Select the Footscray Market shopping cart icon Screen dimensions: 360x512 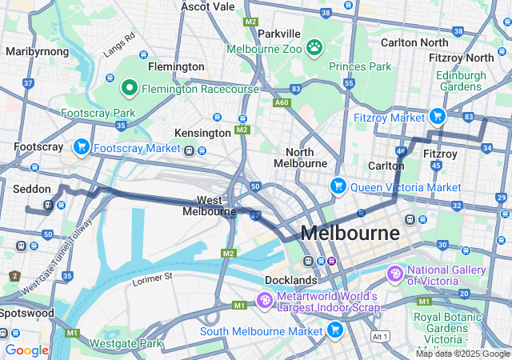point(81,147)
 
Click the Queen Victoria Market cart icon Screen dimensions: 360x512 point(338,186)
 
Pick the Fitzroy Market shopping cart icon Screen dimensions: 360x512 point(438,117)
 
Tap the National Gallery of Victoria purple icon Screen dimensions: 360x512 point(394,274)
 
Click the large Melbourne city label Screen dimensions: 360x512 point(350,234)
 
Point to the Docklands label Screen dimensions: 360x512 point(291,280)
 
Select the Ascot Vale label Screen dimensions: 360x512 point(208,6)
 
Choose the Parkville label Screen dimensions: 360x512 point(279,34)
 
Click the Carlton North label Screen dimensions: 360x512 point(414,42)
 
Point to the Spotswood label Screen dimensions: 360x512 point(27,313)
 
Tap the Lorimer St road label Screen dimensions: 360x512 point(152,277)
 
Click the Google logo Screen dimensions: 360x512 point(26,350)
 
